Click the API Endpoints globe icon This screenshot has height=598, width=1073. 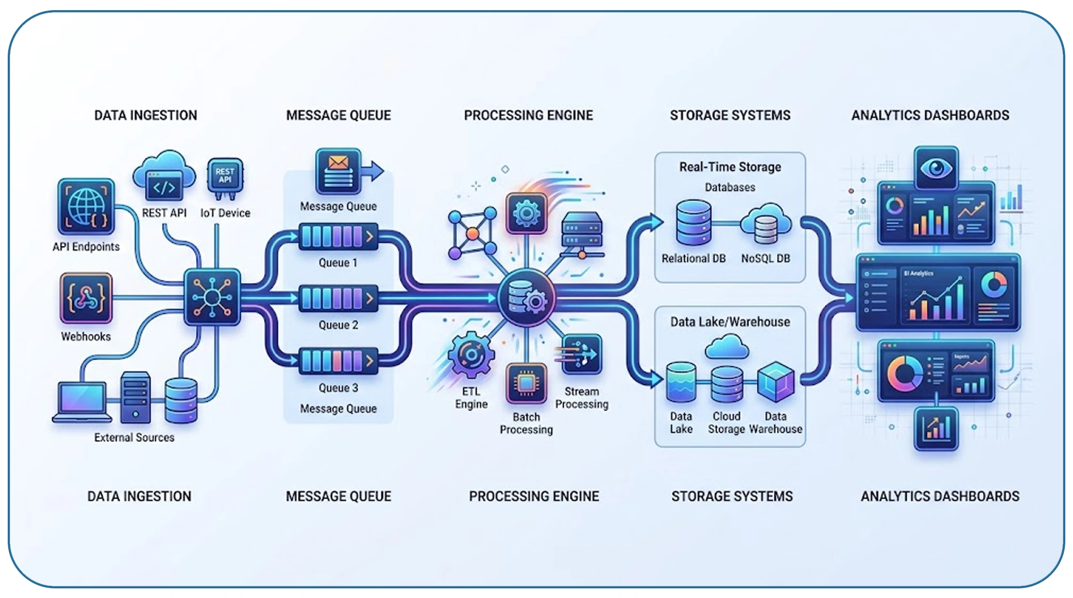86,207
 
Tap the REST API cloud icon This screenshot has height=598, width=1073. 164,176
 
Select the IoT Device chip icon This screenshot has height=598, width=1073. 225,177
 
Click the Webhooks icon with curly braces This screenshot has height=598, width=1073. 86,298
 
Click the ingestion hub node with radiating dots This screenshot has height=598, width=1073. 212,297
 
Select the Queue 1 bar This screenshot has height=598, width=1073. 338,236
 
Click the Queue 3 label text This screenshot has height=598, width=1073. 338,388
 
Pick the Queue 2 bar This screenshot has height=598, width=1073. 338,298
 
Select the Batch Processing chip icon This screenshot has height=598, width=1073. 526,383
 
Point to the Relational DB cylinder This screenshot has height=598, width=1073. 694,223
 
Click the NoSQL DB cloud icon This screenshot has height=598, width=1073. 766,224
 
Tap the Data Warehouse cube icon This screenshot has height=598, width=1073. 776,382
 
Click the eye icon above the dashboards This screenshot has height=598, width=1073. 936,168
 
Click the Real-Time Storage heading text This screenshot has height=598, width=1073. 730,167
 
